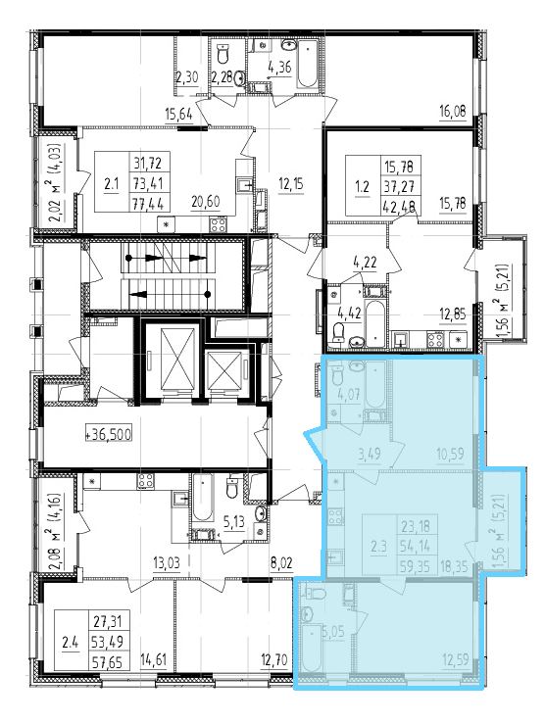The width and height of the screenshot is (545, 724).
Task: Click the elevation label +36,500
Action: [109, 434]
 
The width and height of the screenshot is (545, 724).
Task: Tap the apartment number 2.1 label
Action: [112, 184]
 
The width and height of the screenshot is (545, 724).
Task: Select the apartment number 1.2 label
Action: [363, 187]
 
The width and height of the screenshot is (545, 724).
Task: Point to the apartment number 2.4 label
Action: [71, 643]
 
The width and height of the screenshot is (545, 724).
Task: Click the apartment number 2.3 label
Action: [378, 547]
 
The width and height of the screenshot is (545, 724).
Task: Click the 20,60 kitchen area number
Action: [206, 202]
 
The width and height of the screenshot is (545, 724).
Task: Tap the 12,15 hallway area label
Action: [291, 185]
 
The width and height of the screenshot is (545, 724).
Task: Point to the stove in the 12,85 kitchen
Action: [435, 340]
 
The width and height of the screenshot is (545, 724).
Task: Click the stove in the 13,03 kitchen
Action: [145, 481]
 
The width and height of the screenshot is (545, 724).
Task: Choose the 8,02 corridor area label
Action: [281, 563]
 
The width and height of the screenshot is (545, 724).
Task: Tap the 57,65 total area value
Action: [106, 662]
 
